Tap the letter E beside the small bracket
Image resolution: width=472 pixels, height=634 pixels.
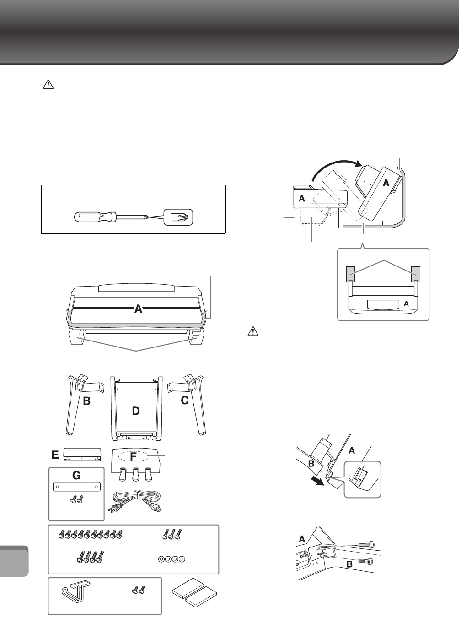[x=55, y=455]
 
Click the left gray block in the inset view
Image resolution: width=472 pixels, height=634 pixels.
[x=349, y=273]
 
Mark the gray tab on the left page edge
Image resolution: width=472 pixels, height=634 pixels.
[x=15, y=561]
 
